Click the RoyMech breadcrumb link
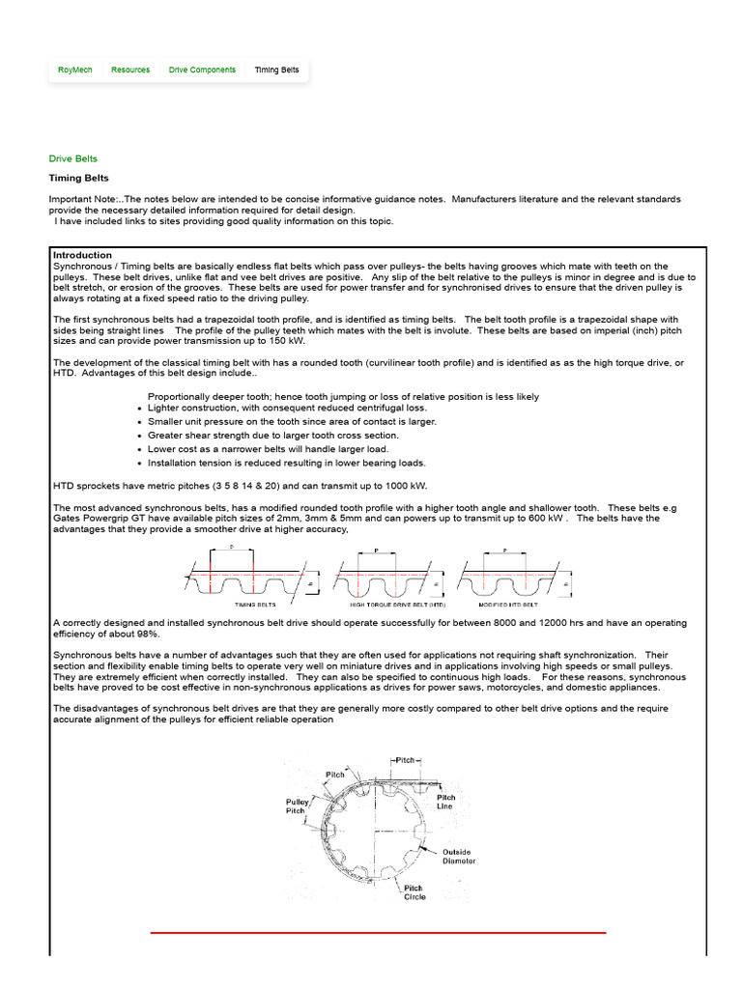point(74,71)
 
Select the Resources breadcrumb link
point(130,71)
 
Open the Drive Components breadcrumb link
point(202,71)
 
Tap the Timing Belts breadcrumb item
point(276,71)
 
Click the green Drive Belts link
point(73,158)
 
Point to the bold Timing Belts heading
point(79,178)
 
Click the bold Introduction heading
point(82,255)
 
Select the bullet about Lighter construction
point(273,408)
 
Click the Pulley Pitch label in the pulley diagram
point(296,806)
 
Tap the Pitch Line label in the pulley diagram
point(444,802)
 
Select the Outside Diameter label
point(458,856)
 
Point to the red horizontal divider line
point(378,933)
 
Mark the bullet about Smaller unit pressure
point(292,421)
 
